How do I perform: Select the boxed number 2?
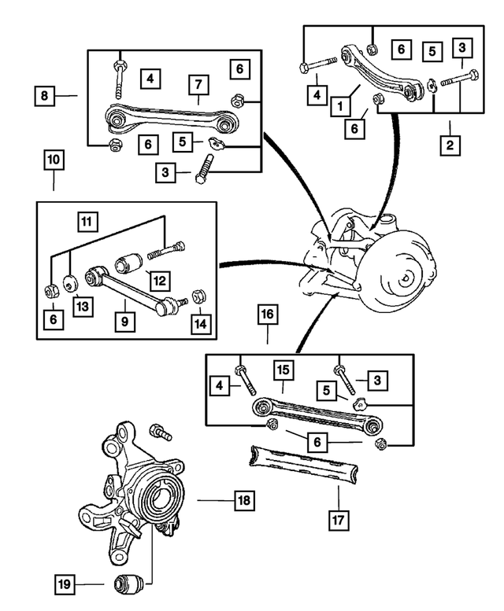[450, 145]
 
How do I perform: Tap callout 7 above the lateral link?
[198, 85]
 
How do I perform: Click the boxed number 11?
[87, 222]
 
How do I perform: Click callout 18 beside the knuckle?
[245, 499]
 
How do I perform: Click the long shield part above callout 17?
[302, 464]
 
